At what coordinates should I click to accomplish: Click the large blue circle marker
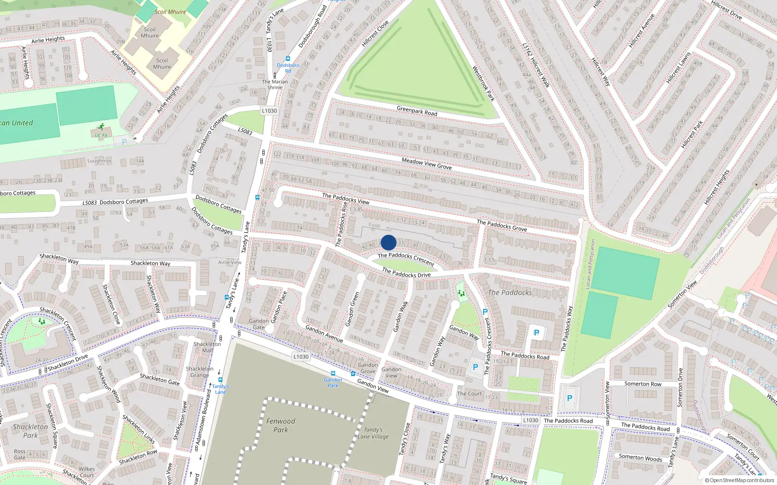pyautogui.click(x=388, y=242)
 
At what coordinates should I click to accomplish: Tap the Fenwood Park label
pyautogui.click(x=281, y=425)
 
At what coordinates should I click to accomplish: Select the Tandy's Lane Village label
pyautogui.click(x=373, y=433)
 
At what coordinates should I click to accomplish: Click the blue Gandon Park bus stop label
pyautogui.click(x=333, y=383)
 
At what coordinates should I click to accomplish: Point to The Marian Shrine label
pyautogui.click(x=275, y=84)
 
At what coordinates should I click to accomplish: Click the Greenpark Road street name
pyautogui.click(x=417, y=111)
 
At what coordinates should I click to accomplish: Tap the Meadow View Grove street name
pyautogui.click(x=426, y=163)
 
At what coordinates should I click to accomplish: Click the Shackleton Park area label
pyautogui.click(x=31, y=431)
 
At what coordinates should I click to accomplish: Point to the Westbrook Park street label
pyautogui.click(x=483, y=83)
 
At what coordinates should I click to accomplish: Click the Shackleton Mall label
pyautogui.click(x=207, y=347)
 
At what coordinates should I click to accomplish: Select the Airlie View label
pyautogui.click(x=230, y=262)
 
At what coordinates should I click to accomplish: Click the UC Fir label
pyautogui.click(x=101, y=136)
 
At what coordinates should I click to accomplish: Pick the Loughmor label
pyautogui.click(x=99, y=161)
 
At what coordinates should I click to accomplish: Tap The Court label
pyautogui.click(x=470, y=394)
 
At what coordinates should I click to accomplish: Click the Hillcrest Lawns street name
pyautogui.click(x=678, y=68)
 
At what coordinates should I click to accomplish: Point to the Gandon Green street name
pyautogui.click(x=353, y=309)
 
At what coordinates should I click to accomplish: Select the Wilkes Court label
pyautogui.click(x=87, y=472)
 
